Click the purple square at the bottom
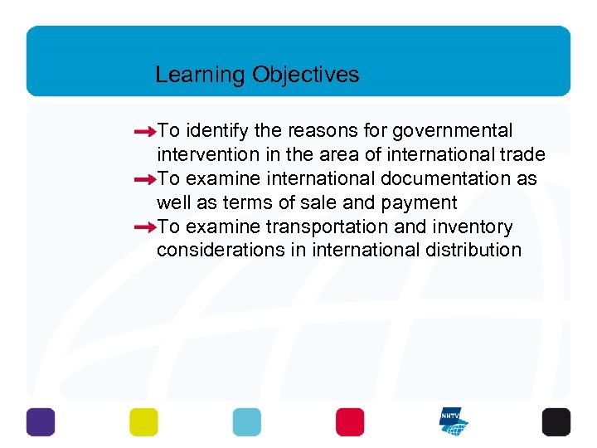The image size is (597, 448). pos(41,422)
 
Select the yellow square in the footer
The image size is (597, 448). pos(143,422)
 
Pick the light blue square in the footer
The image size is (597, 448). pos(247,422)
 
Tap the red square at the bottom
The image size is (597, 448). pos(350,422)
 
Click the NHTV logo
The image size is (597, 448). pos(454,422)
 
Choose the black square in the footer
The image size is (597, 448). pos(556,422)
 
